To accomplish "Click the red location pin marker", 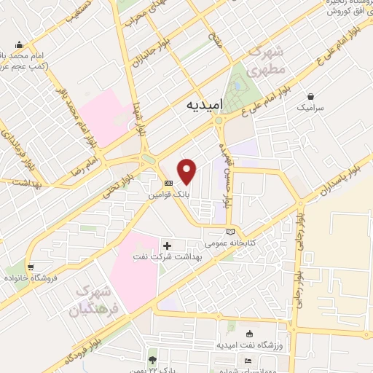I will [188, 172].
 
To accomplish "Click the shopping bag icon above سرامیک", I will [312, 95].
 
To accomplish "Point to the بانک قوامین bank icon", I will [168, 183].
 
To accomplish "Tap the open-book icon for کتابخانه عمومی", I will [231, 231].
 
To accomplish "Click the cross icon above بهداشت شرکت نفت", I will [168, 246].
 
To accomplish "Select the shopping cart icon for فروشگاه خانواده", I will [30, 267].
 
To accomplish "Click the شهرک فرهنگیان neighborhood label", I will [94, 301].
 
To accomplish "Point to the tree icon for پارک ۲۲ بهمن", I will [152, 360].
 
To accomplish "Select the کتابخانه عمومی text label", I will [229, 242].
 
